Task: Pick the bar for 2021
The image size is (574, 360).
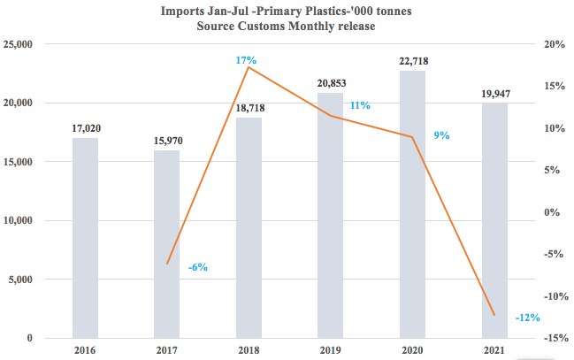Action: coord(494,220)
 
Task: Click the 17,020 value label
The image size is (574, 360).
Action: coord(85,128)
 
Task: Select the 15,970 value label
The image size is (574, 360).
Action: coord(166,141)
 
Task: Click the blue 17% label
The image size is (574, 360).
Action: coord(246,60)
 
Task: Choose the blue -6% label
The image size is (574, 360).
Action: coord(198,267)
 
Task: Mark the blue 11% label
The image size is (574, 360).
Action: coord(360,105)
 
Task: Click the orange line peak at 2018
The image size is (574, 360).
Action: coord(249,67)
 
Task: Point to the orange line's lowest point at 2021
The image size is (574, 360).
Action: coord(494,314)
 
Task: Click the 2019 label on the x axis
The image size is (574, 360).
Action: coord(331,351)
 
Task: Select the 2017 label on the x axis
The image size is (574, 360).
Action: coord(166,351)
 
